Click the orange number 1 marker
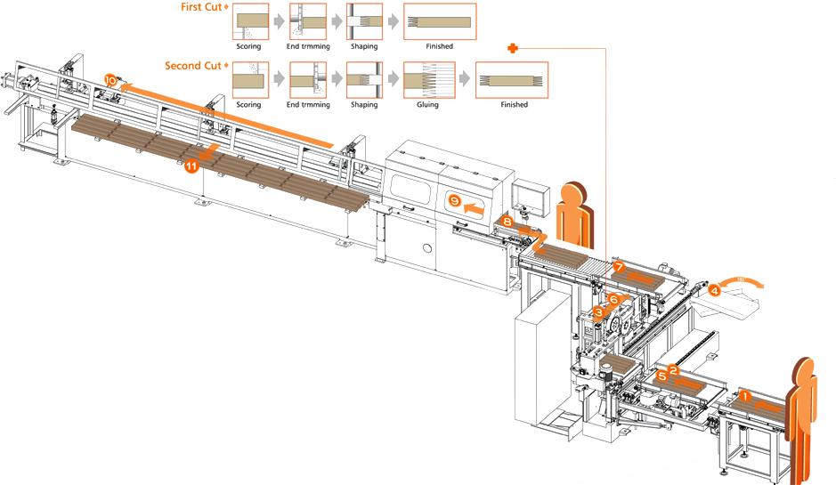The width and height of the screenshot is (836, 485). (x=745, y=398)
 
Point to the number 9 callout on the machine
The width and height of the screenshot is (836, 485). (x=454, y=202)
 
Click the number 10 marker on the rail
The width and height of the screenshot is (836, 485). (x=110, y=80)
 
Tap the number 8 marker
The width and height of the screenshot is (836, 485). (x=507, y=221)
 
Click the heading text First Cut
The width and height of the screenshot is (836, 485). (x=201, y=7)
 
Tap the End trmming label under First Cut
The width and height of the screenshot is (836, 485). (x=307, y=46)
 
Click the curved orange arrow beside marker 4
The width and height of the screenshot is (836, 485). (x=743, y=283)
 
